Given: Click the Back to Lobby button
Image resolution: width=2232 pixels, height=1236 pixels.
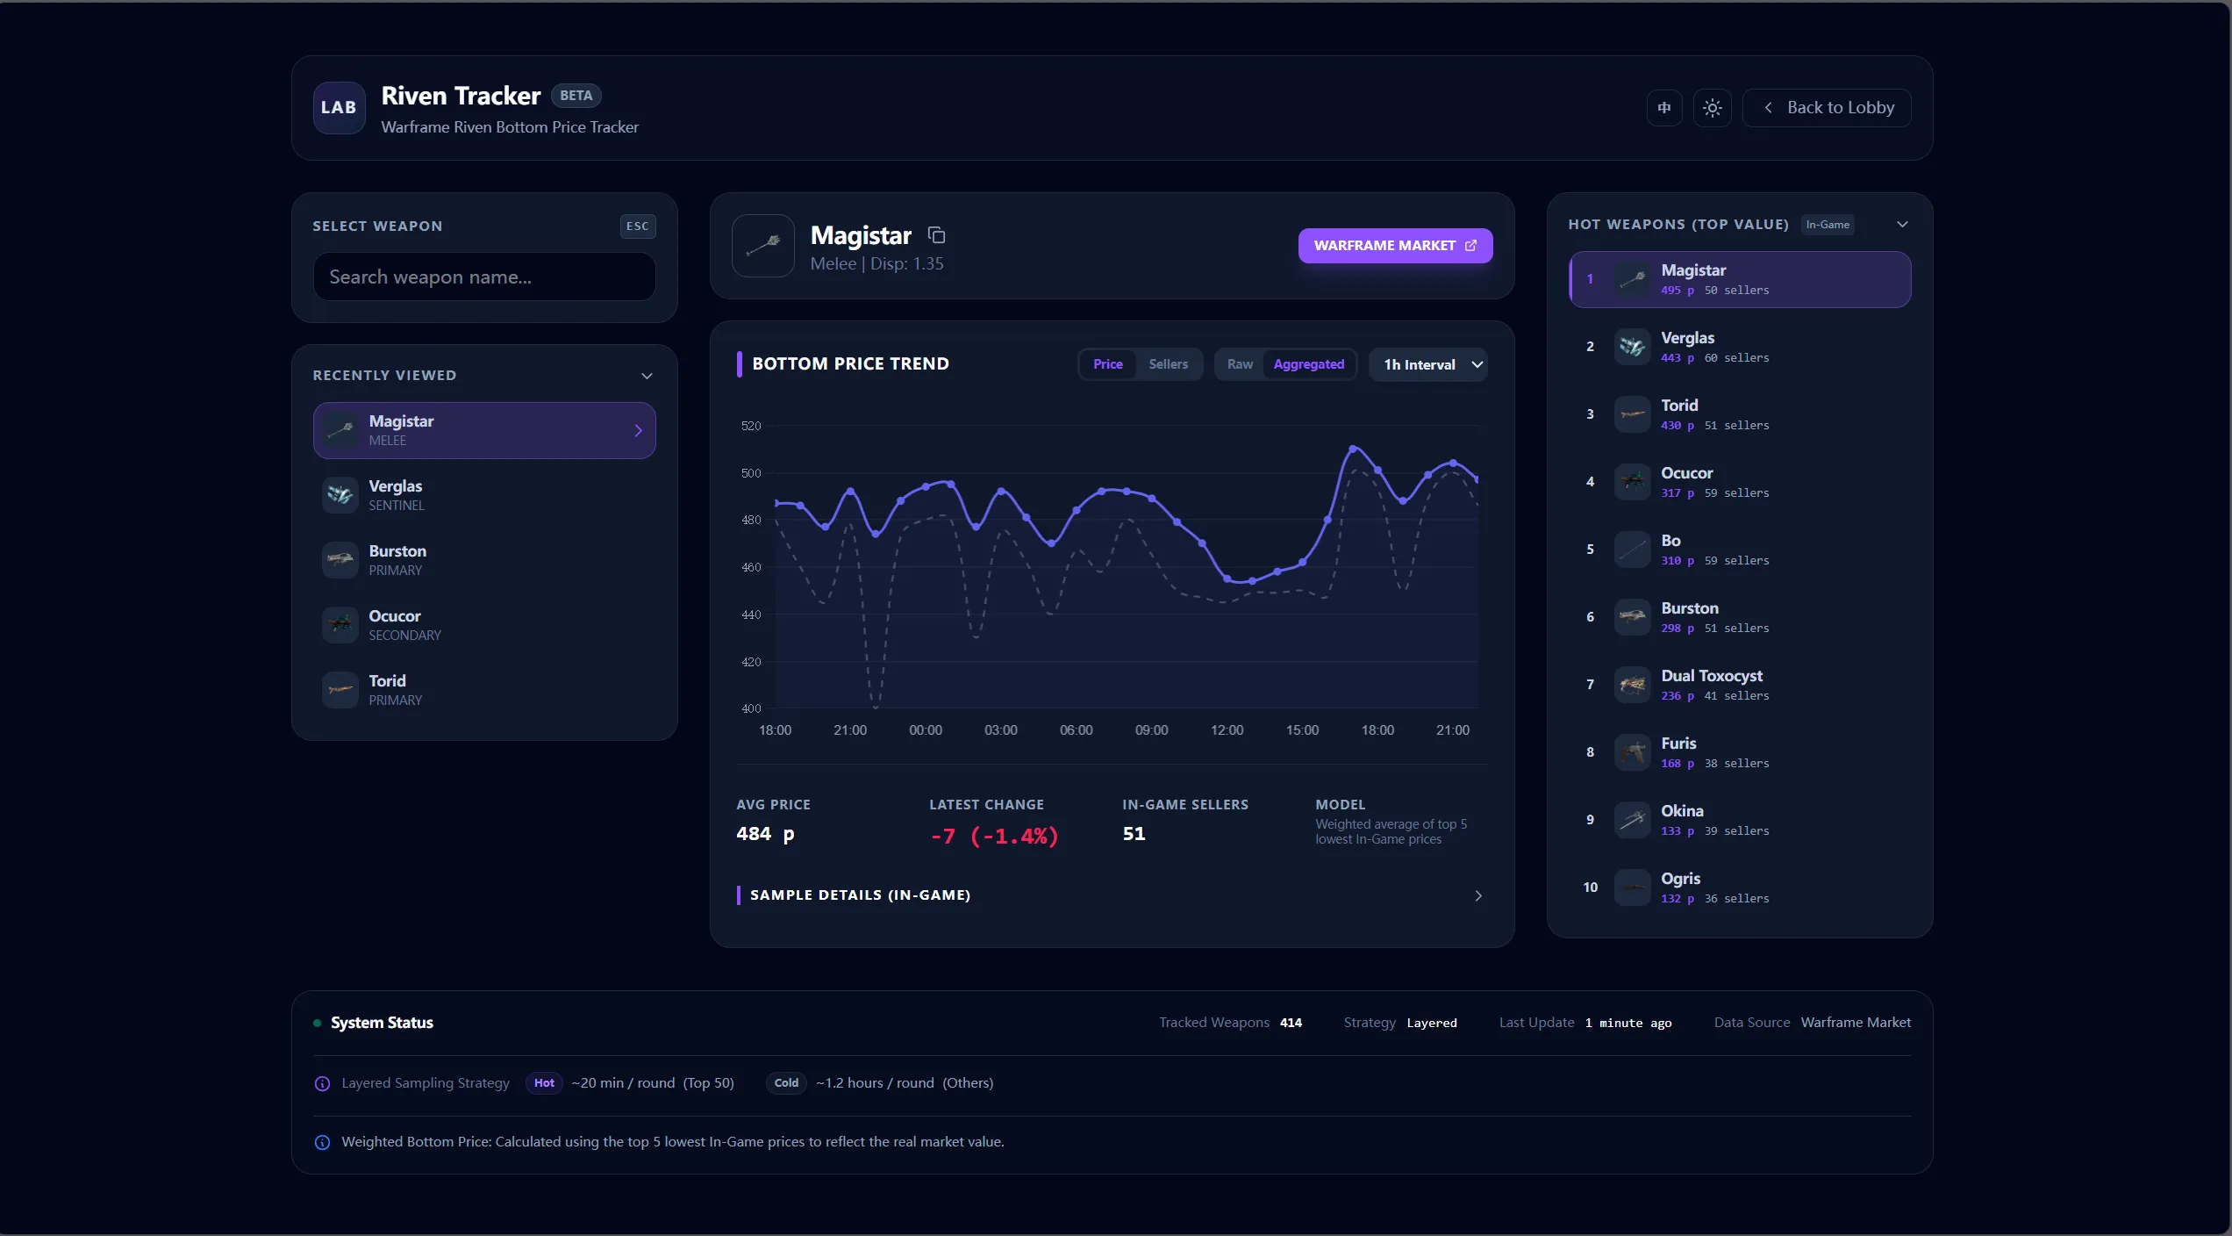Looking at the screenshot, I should [x=1827, y=108].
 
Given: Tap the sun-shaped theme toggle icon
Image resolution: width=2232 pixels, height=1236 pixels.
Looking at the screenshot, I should [x=1712, y=108].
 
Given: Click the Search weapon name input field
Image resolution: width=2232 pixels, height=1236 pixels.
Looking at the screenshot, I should [x=483, y=277].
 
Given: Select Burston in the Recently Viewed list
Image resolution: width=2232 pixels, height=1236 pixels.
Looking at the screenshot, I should [x=483, y=560].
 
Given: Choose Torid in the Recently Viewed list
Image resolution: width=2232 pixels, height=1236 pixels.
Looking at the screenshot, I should [x=483, y=690].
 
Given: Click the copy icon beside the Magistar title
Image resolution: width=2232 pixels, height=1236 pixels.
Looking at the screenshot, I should [x=937, y=235].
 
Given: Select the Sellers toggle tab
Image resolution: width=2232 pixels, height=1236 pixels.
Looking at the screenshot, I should [x=1168, y=364].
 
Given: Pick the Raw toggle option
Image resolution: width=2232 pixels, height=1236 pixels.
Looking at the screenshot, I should [x=1239, y=364].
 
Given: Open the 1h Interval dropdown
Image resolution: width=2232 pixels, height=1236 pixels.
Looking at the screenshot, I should [x=1429, y=364].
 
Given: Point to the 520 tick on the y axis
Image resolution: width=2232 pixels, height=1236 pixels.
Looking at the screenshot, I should [x=751, y=426].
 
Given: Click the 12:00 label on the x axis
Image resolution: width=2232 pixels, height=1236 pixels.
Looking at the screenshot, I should [x=1227, y=730].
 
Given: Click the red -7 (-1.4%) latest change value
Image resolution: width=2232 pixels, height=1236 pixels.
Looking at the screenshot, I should [x=994, y=836].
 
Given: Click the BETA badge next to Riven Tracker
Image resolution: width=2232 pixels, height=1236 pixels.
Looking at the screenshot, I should [x=576, y=96].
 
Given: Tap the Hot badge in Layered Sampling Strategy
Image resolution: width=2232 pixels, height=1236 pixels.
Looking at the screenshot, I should [x=544, y=1083].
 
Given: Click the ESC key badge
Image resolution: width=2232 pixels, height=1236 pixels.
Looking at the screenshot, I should [x=637, y=226].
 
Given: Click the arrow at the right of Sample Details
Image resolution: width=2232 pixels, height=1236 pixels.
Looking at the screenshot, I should [x=1478, y=895].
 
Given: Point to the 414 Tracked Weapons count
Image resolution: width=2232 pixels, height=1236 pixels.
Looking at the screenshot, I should [x=1291, y=1023].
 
